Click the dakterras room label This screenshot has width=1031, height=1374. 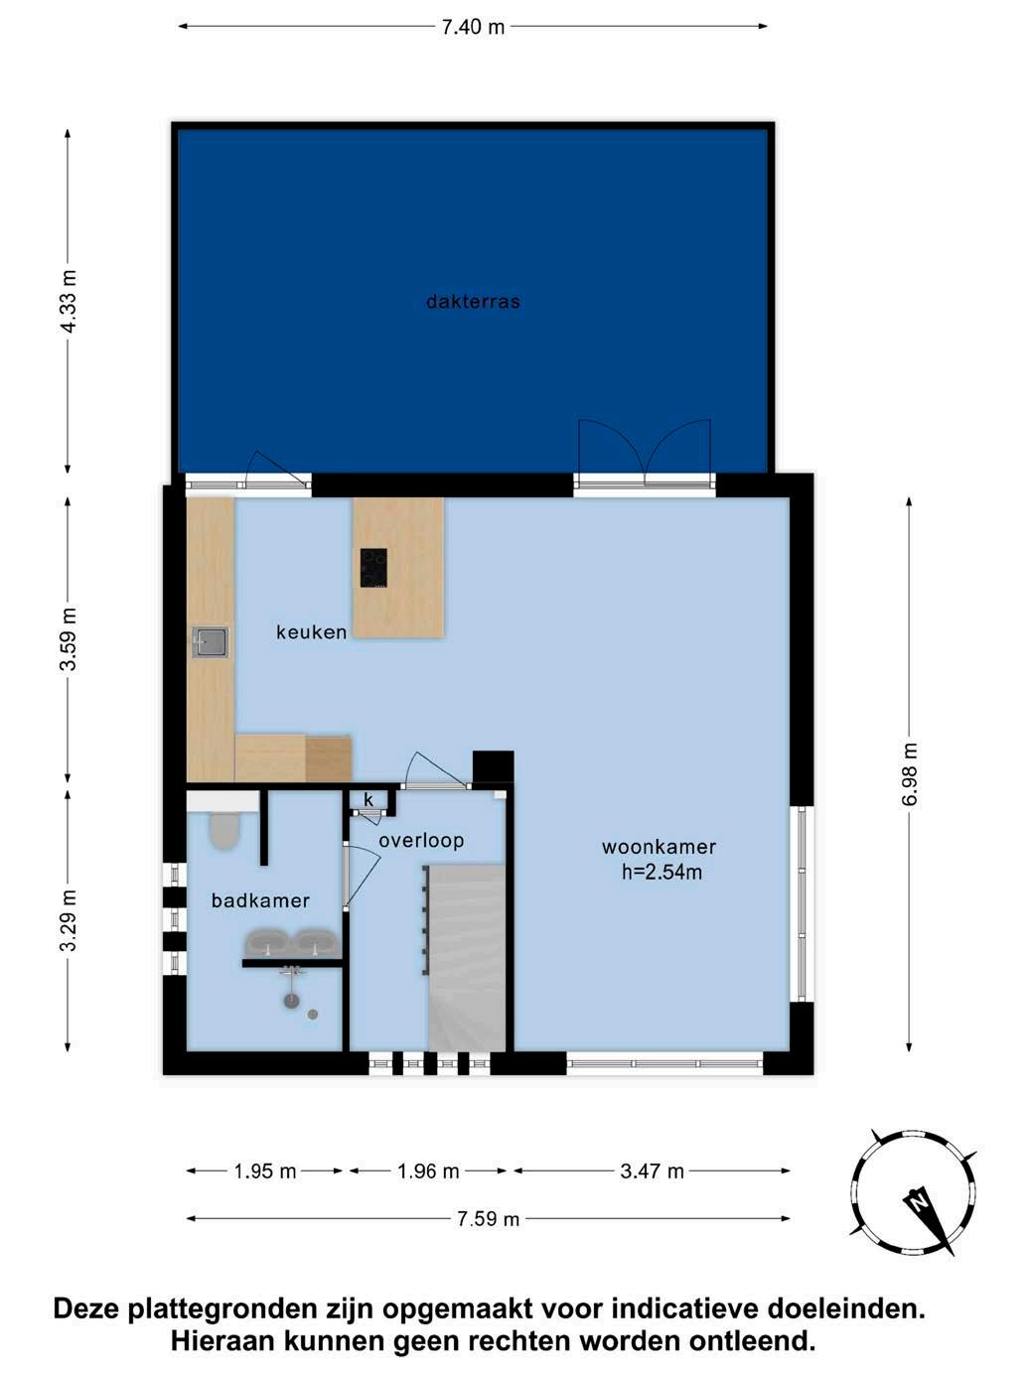pos(473,302)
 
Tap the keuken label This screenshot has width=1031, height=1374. pos(311,632)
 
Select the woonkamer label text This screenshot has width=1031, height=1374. pos(659,847)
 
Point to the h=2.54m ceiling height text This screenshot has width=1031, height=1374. pos(662,872)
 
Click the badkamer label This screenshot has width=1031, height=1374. pos(260,900)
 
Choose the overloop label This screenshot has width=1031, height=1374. pos(421,841)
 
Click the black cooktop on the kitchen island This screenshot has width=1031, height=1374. pos(373,567)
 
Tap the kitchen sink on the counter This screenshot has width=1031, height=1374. pos(210,642)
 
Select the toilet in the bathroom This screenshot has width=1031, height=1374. pos(223,829)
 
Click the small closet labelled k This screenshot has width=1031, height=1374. pos(368,800)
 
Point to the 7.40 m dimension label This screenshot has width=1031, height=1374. pos(473,28)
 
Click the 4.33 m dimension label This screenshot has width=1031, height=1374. pos(69,301)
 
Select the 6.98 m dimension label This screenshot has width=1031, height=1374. pos(910,775)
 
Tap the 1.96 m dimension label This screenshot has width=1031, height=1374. pos(428,1171)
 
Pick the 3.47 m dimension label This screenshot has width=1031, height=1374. pos(652,1171)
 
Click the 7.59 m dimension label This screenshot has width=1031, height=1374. pos(488,1219)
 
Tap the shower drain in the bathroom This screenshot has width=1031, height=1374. pos(312,1014)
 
